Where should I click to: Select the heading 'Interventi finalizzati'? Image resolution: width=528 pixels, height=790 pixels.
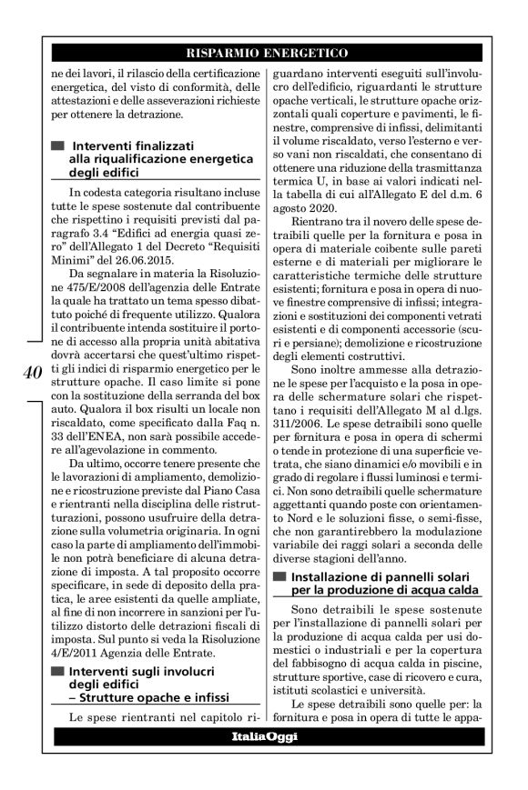(x=135, y=145)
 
